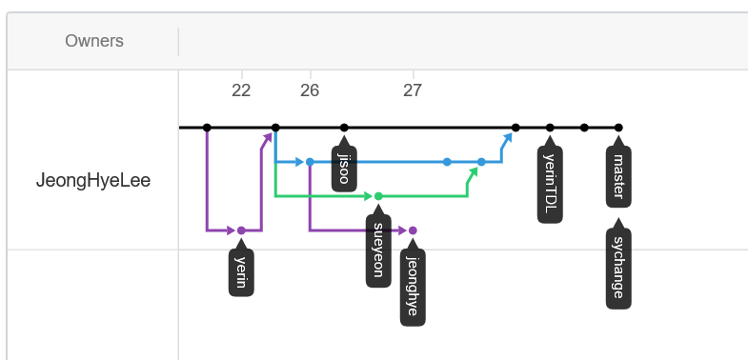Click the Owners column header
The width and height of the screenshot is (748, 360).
93,41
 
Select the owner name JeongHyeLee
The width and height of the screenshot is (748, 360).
93,180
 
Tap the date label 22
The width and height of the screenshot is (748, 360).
241,90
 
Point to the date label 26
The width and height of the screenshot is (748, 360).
310,90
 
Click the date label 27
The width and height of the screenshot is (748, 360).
413,90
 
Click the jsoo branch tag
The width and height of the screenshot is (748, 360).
344,170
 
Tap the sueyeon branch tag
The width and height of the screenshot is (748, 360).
378,250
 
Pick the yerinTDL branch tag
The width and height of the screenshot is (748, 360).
550,185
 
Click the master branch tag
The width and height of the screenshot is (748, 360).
618,176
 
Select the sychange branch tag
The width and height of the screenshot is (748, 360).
618,268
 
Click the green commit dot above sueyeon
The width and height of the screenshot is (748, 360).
378,196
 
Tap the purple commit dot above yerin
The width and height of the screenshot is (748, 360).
241,230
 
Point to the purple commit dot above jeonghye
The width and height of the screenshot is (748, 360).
413,230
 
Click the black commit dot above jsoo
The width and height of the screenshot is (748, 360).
344,128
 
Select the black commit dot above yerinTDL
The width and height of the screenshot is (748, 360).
550,128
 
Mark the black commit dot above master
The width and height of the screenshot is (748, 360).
618,128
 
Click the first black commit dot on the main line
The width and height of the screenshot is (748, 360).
207,128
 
